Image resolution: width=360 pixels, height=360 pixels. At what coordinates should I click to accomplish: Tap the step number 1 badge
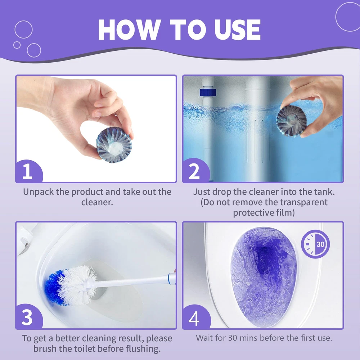(x=29, y=171)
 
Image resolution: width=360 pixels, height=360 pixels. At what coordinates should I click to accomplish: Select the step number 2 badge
(x=196, y=171)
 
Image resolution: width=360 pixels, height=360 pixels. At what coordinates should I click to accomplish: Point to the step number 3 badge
(x=29, y=317)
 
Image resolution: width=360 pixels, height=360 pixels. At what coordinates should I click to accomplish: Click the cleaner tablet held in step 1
(x=114, y=145)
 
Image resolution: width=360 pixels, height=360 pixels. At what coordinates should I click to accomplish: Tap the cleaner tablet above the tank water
(x=291, y=121)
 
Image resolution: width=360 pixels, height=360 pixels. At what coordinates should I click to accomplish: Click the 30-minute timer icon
(x=315, y=244)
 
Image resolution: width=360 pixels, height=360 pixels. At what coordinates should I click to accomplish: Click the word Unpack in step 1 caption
(x=39, y=192)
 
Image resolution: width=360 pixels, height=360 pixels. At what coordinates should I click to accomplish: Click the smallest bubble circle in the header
(x=17, y=45)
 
